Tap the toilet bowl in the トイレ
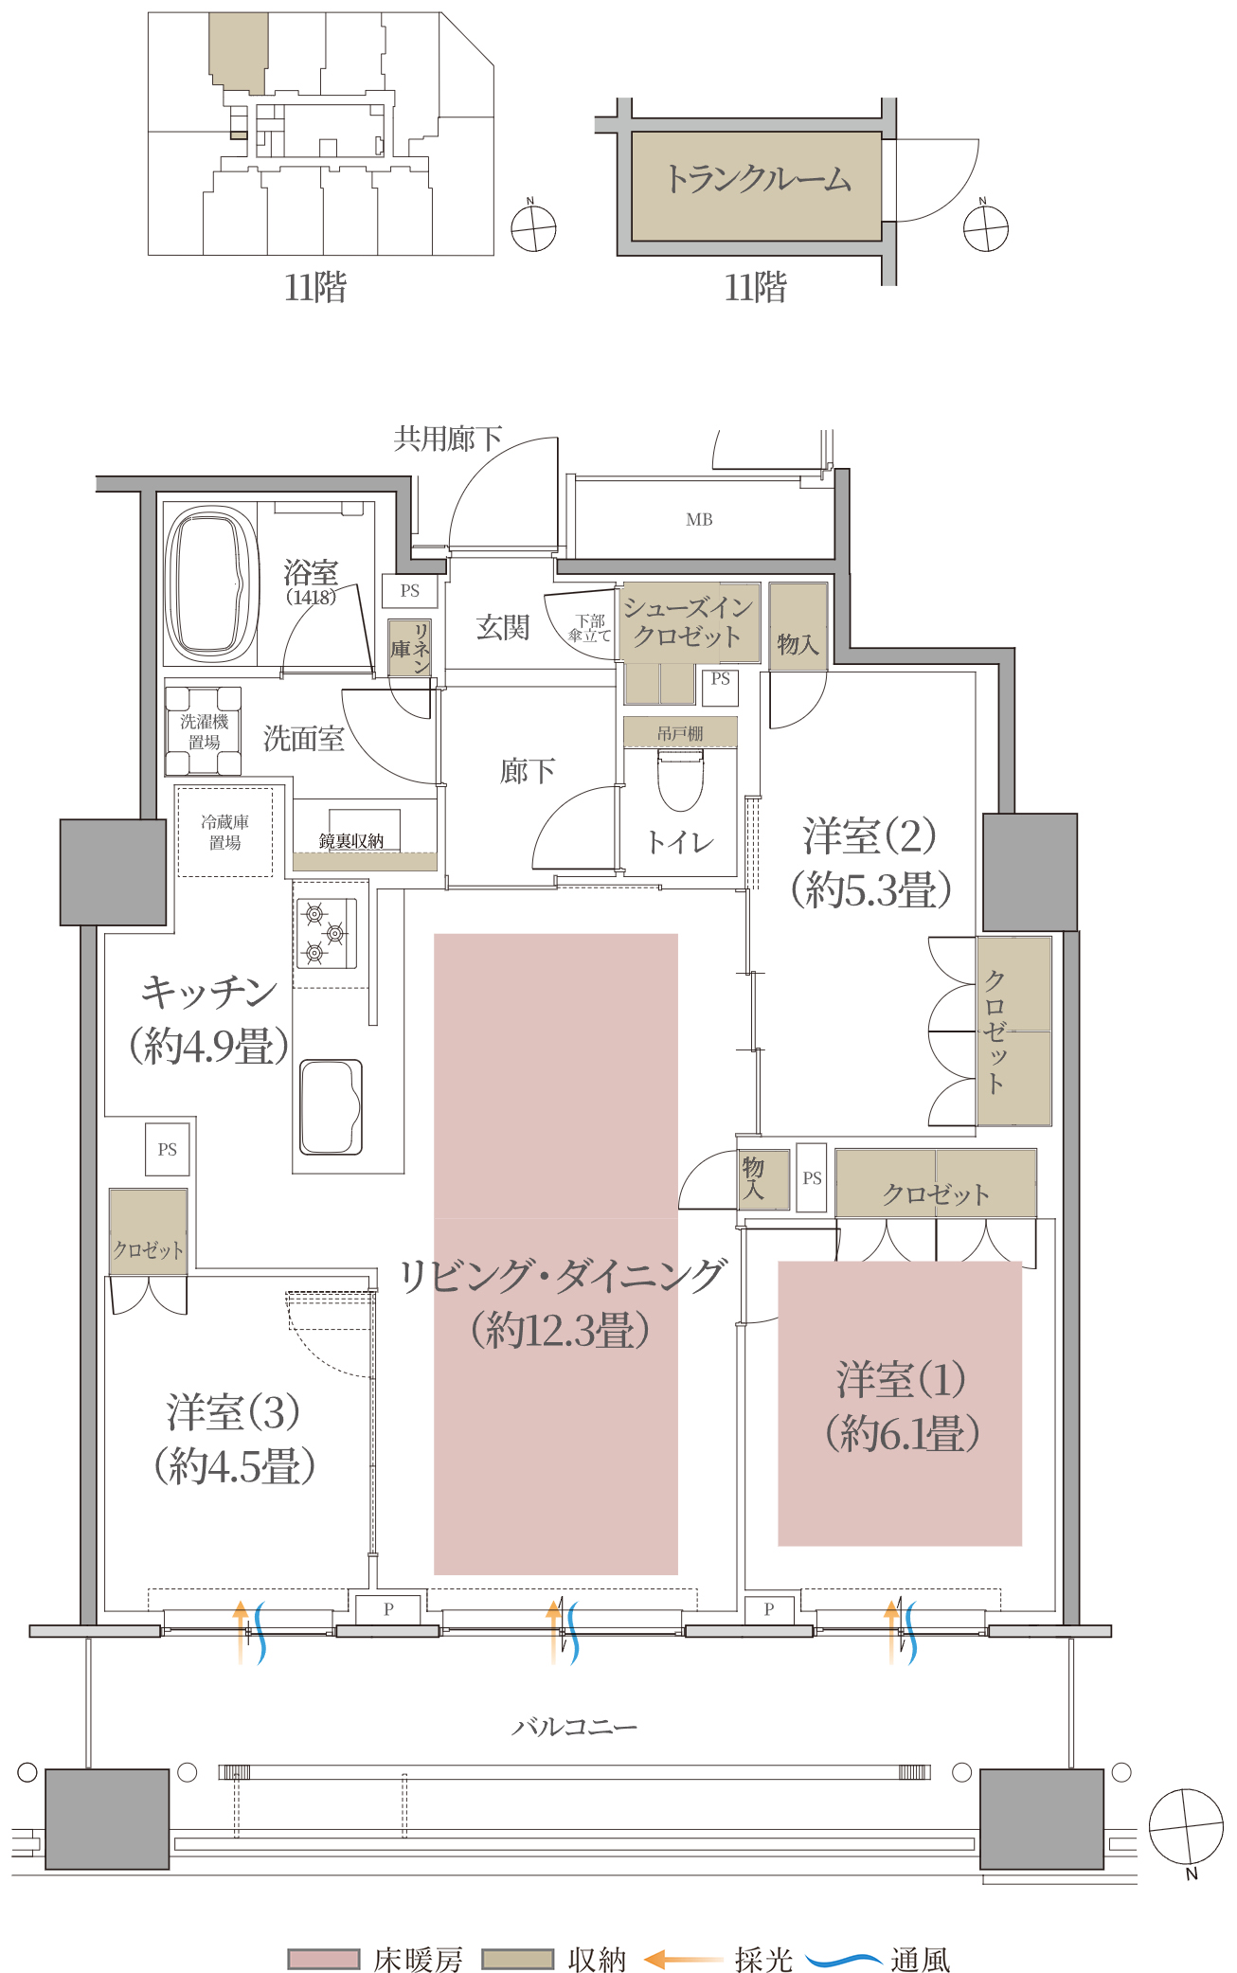(680, 780)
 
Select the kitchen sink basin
(331, 1106)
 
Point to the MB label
(699, 519)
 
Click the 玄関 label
(502, 627)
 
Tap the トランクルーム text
(757, 179)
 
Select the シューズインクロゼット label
(689, 620)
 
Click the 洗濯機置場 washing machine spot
(204, 731)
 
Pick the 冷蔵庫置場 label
(224, 832)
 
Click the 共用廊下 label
(447, 439)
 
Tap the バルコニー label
(574, 1727)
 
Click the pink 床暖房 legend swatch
(324, 1958)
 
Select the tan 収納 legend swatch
(517, 1958)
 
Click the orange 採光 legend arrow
(683, 1959)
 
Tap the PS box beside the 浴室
(410, 590)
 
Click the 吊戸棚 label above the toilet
(680, 733)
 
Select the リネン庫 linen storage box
(410, 648)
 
